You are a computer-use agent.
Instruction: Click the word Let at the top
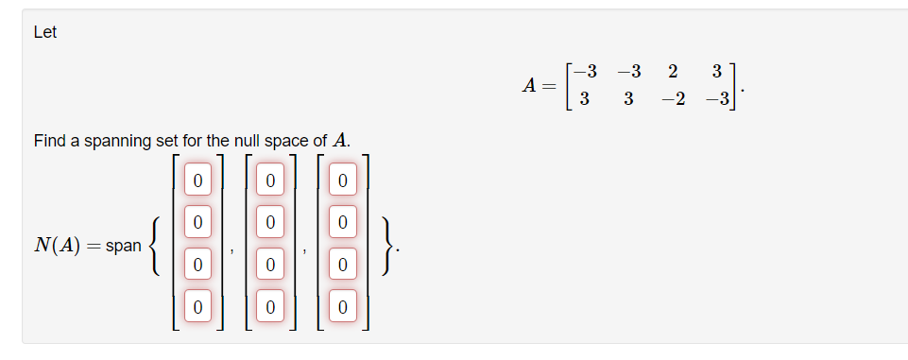click(x=45, y=32)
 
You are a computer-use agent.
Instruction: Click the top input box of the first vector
click(x=197, y=179)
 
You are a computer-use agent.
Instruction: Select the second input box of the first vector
click(x=197, y=222)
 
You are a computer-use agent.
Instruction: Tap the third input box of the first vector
click(x=197, y=265)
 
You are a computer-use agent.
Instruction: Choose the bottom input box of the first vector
click(x=197, y=307)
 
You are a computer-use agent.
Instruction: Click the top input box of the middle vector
click(x=270, y=179)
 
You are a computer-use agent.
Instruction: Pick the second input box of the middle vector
click(x=270, y=222)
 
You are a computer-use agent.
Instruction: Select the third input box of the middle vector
click(x=270, y=265)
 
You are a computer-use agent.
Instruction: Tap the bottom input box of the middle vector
click(x=270, y=307)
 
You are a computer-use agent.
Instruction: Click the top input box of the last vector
click(x=343, y=179)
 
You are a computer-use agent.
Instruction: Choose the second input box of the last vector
click(x=343, y=222)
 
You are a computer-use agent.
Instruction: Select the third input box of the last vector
click(x=343, y=265)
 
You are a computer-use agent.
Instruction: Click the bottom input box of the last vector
click(x=343, y=307)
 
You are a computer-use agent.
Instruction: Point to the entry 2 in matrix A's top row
click(x=672, y=72)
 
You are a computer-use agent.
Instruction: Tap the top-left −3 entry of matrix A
click(x=585, y=72)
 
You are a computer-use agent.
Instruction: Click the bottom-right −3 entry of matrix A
click(x=715, y=100)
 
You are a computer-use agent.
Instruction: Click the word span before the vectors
click(x=124, y=245)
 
